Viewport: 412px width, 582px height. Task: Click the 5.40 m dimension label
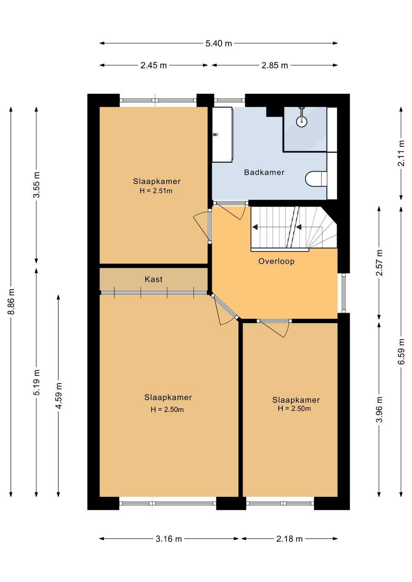pyautogui.click(x=218, y=43)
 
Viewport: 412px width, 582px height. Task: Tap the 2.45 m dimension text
pyautogui.click(x=153, y=65)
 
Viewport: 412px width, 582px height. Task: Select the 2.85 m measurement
pyautogui.click(x=275, y=65)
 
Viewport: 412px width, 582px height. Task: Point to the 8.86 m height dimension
pyautogui.click(x=11, y=301)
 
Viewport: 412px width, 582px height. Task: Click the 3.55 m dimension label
pyautogui.click(x=36, y=185)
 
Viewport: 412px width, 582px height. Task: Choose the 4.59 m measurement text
pyautogui.click(x=58, y=396)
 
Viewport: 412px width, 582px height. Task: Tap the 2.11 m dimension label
pyautogui.click(x=402, y=153)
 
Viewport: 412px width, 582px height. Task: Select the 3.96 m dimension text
pyautogui.click(x=379, y=409)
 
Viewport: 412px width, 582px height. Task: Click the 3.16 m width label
pyautogui.click(x=169, y=539)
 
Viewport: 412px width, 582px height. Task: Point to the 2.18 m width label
pyautogui.click(x=289, y=539)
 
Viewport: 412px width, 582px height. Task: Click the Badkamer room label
pyautogui.click(x=264, y=172)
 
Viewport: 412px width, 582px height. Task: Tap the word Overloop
pyautogui.click(x=276, y=261)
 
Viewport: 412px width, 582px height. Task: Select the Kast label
pyautogui.click(x=154, y=279)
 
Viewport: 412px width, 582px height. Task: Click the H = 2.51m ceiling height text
pyautogui.click(x=156, y=191)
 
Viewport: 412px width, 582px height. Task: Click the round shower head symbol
pyautogui.click(x=301, y=121)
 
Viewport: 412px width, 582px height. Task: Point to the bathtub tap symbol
pyautogui.click(x=215, y=135)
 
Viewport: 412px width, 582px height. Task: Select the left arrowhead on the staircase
pyautogui.click(x=255, y=227)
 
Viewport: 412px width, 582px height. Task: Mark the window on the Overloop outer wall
pyautogui.click(x=344, y=293)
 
